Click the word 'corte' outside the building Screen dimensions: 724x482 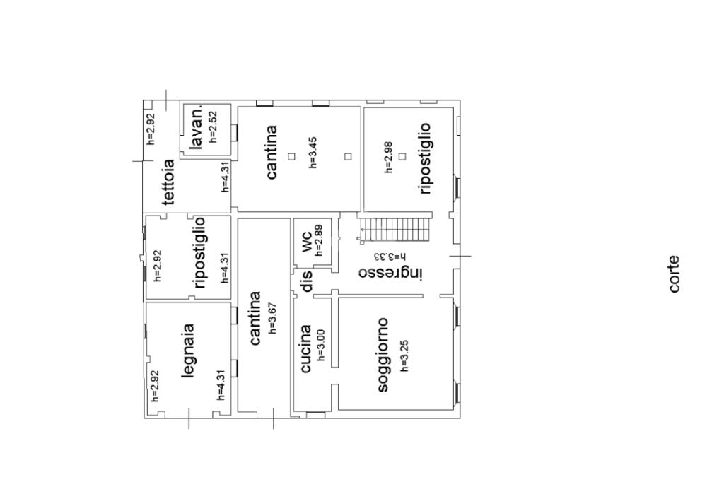coord(675,274)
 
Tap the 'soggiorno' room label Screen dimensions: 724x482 coord(383,355)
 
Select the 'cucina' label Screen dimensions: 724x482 coord(305,348)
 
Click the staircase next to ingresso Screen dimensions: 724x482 coord(395,229)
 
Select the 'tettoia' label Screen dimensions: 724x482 coord(168,182)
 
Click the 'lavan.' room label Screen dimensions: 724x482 coord(197,127)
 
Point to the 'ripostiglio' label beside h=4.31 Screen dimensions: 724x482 coord(199,253)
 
